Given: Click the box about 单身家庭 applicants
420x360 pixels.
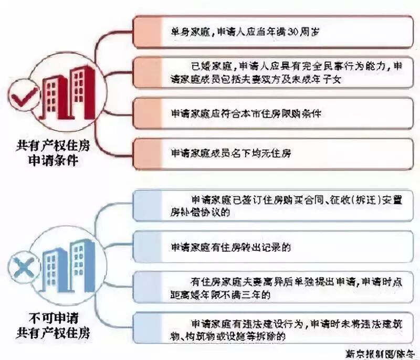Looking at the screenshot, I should coord(273,32).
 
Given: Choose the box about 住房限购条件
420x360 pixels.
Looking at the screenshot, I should coord(273,114).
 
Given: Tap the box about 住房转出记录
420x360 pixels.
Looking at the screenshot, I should coord(273,246).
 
